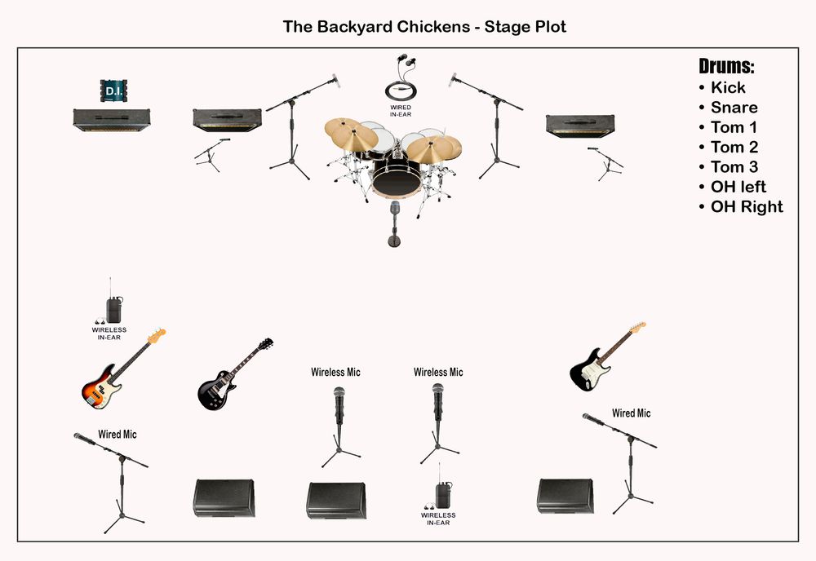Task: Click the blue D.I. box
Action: (x=113, y=91)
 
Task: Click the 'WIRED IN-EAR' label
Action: (x=401, y=111)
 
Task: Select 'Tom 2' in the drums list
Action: (x=734, y=147)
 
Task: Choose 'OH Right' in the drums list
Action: (x=747, y=206)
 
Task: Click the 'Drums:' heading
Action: (x=726, y=66)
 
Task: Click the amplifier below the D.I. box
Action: (x=112, y=120)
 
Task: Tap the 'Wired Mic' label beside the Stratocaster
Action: (x=632, y=413)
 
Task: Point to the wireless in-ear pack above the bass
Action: (x=113, y=307)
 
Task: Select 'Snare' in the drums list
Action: (x=734, y=108)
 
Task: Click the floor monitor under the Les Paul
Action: (x=224, y=497)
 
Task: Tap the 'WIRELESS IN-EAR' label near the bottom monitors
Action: (x=438, y=519)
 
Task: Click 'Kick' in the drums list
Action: (x=728, y=87)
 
